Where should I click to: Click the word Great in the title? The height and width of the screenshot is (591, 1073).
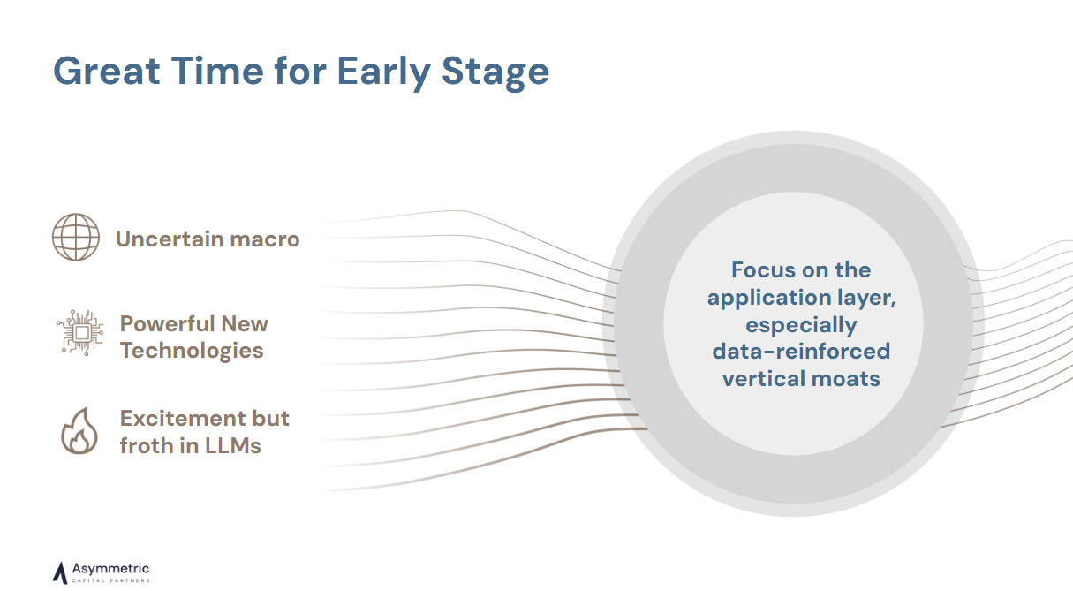point(106,71)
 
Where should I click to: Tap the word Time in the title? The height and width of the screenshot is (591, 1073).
point(217,71)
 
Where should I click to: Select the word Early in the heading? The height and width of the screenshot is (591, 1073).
point(383,72)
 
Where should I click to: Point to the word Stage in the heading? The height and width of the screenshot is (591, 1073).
point(495,73)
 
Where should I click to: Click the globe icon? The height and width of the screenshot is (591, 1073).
point(76,237)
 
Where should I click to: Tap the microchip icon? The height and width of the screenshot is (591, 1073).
point(80,332)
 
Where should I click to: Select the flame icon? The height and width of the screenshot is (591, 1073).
point(79,430)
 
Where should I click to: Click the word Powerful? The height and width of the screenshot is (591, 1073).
point(167,323)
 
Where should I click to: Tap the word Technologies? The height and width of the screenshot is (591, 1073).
point(192,351)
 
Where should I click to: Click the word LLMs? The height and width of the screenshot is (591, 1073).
point(233,446)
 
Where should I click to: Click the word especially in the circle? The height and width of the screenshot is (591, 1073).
point(801,326)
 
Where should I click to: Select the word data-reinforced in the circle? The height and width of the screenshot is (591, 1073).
point(801,352)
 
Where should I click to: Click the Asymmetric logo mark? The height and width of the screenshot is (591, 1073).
point(60,572)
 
